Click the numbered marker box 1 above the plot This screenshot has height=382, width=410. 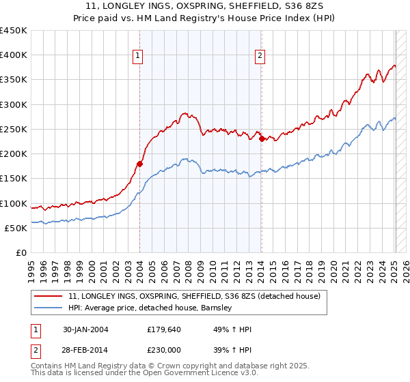click(139, 57)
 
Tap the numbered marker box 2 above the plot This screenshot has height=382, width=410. click(261, 57)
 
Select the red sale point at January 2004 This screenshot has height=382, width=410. click(140, 164)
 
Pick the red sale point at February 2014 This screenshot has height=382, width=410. click(262, 139)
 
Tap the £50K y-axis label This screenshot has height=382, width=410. click(16, 228)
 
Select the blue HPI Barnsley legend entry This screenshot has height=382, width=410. click(150, 308)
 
